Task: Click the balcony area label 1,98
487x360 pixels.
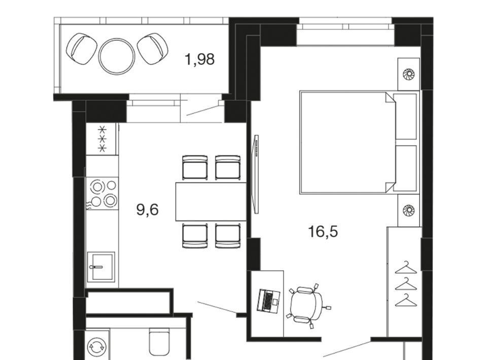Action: click(199, 59)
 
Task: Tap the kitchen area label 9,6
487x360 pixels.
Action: click(148, 209)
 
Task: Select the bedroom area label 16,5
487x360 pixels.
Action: click(323, 232)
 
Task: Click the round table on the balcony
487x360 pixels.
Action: click(117, 56)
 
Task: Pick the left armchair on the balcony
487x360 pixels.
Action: click(82, 49)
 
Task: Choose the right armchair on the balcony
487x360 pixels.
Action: click(153, 49)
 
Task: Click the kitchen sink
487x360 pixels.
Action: click(101, 267)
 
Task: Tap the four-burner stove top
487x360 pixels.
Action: click(102, 193)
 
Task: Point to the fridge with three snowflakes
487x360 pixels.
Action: click(102, 139)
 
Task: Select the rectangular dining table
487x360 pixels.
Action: click(211, 202)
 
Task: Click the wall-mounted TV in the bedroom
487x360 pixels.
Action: click(256, 174)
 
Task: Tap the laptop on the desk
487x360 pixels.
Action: click(268, 300)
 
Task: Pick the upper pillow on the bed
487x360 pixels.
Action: click(405, 117)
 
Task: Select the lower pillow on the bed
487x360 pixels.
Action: click(405, 168)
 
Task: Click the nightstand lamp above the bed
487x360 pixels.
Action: click(409, 74)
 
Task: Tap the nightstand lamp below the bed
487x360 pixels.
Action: click(409, 210)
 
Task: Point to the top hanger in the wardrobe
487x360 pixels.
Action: click(406, 268)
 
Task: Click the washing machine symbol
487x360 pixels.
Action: click(97, 346)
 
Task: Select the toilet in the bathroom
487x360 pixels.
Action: click(160, 342)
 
